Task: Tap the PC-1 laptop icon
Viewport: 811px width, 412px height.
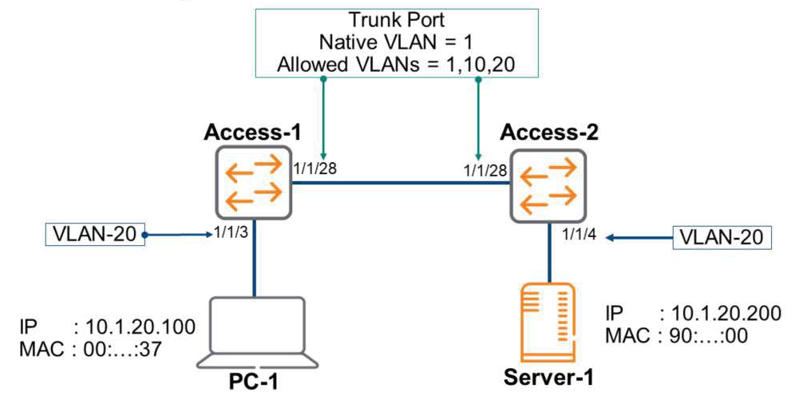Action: pos(255,331)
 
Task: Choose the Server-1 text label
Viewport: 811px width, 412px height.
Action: pos(548,376)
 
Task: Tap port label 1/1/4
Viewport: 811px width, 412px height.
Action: pos(579,236)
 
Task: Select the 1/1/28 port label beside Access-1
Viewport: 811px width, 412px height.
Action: pos(311,168)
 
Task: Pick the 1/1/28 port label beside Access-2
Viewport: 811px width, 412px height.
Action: pos(483,169)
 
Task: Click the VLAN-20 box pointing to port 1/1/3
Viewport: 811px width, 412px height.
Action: pos(93,236)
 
